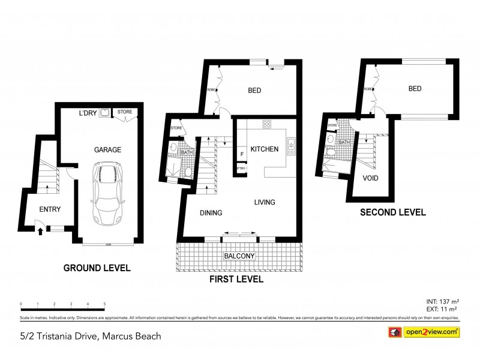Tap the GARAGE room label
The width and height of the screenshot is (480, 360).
coord(107,149)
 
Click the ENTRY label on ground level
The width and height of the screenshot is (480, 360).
coord(50,209)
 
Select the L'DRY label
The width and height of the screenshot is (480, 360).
coord(88,112)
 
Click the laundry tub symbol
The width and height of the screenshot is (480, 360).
coord(104,112)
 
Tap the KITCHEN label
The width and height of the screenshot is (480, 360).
coord(264,149)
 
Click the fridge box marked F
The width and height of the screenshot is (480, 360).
coord(241,154)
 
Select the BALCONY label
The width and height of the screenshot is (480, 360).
coord(240,256)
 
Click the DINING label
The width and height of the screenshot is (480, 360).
coord(211,212)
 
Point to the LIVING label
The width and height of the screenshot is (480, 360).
coord(264,202)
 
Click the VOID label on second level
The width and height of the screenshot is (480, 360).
coord(370,178)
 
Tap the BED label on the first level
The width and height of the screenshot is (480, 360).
coord(256,91)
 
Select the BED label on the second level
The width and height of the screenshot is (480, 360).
coord(415,88)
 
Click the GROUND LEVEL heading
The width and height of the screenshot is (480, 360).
coord(97,268)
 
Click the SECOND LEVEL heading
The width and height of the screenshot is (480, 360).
coord(392,212)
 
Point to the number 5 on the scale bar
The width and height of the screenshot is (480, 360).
coord(104,304)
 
